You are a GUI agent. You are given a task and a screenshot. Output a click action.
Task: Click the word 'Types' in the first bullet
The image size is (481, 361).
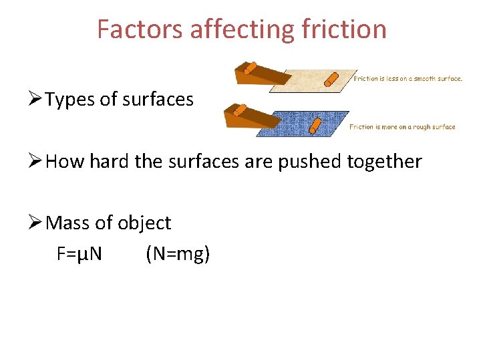70,100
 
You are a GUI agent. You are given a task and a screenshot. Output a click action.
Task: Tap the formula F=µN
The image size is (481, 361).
79,254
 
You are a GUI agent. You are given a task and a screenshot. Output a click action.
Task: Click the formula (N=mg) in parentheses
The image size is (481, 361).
177,254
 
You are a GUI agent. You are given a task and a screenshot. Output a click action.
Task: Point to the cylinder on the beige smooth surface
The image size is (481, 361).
330,80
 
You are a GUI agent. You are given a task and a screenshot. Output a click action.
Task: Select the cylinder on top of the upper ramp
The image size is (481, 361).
250,68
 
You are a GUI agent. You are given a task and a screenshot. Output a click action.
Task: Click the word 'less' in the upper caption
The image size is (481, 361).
393,78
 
